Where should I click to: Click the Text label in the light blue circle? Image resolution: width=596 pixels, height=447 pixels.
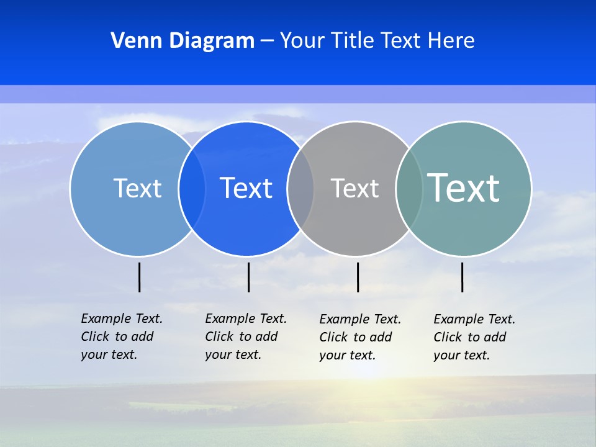[137, 188]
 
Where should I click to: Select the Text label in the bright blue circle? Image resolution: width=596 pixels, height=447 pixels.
[246, 188]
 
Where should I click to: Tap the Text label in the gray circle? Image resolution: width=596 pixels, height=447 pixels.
[354, 188]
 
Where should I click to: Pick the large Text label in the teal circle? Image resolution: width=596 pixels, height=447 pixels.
[464, 188]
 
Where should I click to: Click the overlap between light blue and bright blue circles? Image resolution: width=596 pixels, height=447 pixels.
[192, 188]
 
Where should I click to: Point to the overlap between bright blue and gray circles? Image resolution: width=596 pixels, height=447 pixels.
[300, 188]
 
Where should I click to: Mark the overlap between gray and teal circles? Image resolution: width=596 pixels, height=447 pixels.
[409, 188]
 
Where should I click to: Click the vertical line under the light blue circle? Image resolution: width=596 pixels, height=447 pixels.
[139, 277]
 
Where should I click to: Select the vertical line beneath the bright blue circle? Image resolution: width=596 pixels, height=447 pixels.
[248, 277]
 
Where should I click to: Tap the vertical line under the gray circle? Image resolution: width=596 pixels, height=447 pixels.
[358, 277]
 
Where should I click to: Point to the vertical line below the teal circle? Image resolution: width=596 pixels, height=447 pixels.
[462, 277]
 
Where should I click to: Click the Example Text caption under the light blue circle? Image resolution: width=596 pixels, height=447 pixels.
[122, 336]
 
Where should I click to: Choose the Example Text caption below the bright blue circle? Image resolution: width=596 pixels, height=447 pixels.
[246, 336]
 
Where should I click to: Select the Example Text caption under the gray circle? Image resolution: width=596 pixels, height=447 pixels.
[360, 337]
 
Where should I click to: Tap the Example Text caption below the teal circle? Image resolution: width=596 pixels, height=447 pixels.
[474, 337]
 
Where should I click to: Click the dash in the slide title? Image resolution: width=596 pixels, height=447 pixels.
[267, 41]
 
